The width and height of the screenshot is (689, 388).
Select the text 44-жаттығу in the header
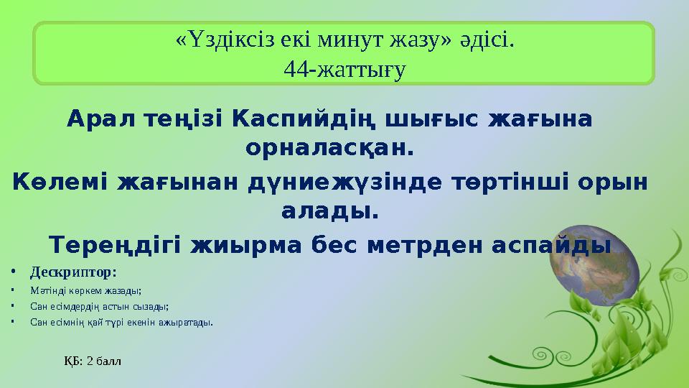(x=344, y=68)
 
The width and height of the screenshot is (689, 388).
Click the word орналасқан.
(x=330, y=149)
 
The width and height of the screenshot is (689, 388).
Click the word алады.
(x=330, y=213)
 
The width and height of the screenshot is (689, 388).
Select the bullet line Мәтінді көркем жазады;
(x=86, y=291)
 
